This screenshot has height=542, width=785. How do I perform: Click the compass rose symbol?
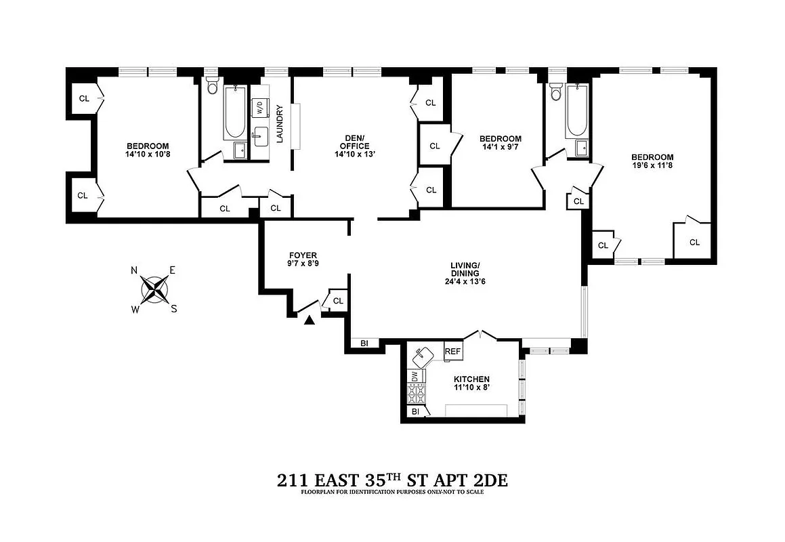click(154, 290)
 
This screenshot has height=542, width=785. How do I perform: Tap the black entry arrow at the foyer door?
click(310, 320)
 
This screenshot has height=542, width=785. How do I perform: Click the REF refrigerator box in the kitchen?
click(452, 352)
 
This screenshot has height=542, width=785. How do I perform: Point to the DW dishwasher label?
click(414, 375)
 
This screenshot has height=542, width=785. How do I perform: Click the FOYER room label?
click(303, 255)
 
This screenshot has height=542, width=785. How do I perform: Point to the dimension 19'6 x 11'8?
click(653, 165)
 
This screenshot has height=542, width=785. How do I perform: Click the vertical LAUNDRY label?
click(280, 123)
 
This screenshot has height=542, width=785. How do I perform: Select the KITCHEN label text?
click(471, 379)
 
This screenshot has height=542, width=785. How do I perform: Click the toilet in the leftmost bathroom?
click(212, 86)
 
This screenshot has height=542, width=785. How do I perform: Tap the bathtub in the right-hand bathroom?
click(576, 111)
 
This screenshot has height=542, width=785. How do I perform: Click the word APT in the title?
click(433, 480)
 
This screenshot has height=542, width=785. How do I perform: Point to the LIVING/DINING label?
click(465, 269)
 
